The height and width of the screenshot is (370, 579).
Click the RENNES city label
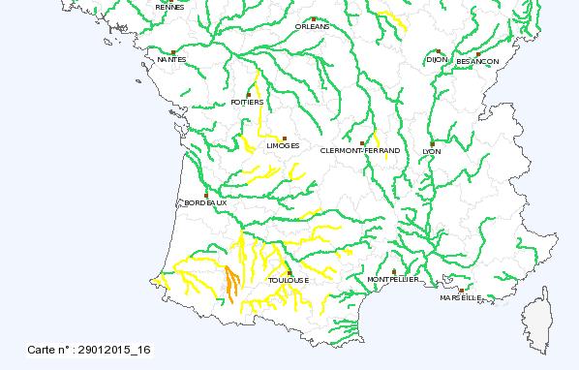point(168,6)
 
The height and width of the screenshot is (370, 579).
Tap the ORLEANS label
point(314,26)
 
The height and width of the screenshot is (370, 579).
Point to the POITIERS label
point(248,102)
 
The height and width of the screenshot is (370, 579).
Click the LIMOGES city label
point(283,146)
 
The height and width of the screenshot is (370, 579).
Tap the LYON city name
point(431,151)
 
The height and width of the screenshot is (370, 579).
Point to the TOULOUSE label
point(289,280)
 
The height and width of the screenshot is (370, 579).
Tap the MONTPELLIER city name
point(393,279)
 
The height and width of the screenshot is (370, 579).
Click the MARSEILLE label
point(460,298)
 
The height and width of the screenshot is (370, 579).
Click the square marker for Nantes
point(173,52)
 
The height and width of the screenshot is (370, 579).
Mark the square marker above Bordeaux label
point(206,194)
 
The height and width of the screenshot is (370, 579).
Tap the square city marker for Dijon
point(439,51)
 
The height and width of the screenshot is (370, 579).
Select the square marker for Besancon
point(478,53)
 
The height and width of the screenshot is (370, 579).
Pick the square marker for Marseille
point(462,290)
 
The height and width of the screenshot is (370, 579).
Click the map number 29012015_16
point(88,349)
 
